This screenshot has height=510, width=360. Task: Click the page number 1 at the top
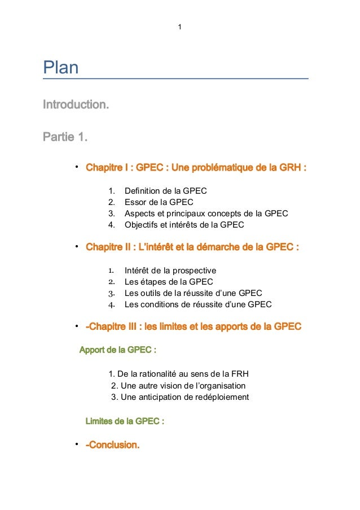(x=179, y=27)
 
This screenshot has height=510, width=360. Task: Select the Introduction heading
(x=76, y=105)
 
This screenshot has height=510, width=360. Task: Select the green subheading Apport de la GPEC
(x=117, y=350)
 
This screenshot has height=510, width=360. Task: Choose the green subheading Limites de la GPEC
(x=124, y=421)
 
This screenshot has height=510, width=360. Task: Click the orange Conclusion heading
(x=112, y=446)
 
